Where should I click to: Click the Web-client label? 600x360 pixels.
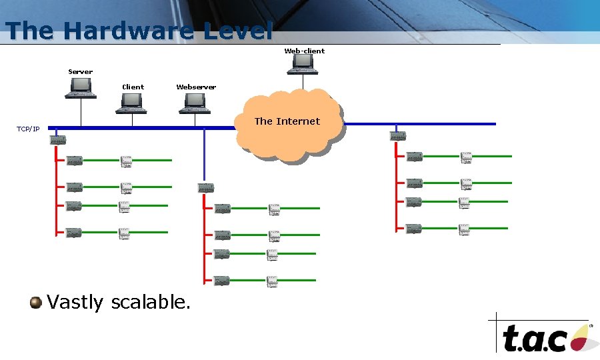click(x=304, y=51)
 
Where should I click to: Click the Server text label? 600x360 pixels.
click(x=81, y=71)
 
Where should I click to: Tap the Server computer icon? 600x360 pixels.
click(x=81, y=87)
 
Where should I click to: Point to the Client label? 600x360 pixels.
click(x=133, y=87)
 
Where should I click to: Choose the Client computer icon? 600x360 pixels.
click(x=131, y=103)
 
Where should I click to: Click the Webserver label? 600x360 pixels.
click(x=196, y=87)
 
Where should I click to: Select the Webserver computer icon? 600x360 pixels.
click(x=195, y=102)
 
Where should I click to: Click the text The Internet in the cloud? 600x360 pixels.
click(x=287, y=121)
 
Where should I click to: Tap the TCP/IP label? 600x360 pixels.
click(x=28, y=129)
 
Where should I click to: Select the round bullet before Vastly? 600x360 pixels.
click(x=35, y=303)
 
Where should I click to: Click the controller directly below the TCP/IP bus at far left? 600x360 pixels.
click(x=57, y=140)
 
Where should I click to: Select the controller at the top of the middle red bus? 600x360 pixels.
click(x=206, y=189)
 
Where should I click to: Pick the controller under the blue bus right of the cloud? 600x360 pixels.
click(x=398, y=136)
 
